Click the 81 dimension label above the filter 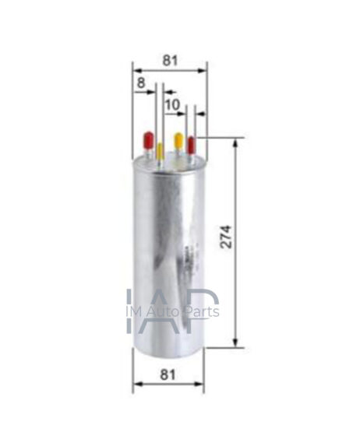pos(170,61)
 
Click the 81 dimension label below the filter pos(168,374)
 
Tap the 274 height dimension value pos(227,237)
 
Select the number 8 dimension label pos(141,83)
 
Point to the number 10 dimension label pos(172,104)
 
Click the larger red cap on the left pos(149,140)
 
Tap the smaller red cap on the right pos(191,145)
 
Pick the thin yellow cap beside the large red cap pos(160,150)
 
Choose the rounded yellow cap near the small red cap pos(178,141)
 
